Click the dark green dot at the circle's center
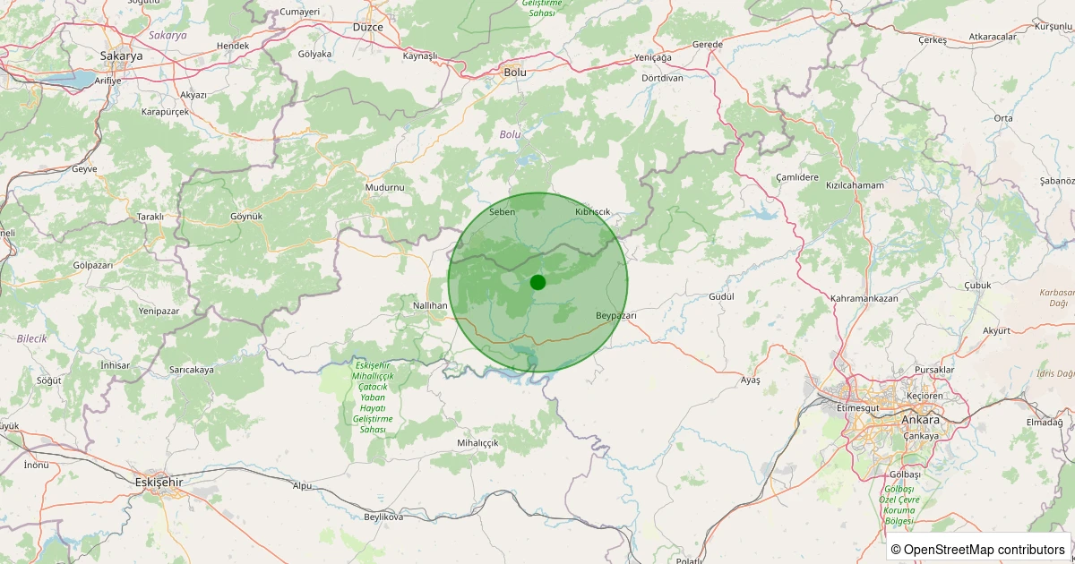[537, 282]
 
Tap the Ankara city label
[920, 420]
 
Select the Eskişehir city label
[158, 482]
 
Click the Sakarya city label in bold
[121, 56]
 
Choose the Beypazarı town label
[615, 316]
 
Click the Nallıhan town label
[429, 305]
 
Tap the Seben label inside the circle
[502, 212]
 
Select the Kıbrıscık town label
[592, 212]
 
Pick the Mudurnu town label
[385, 187]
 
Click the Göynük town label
[245, 217]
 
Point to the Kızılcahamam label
[855, 185]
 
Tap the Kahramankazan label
[870, 297]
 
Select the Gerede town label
[707, 45]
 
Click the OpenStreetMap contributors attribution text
[979, 549]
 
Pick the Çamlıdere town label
[796, 177]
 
